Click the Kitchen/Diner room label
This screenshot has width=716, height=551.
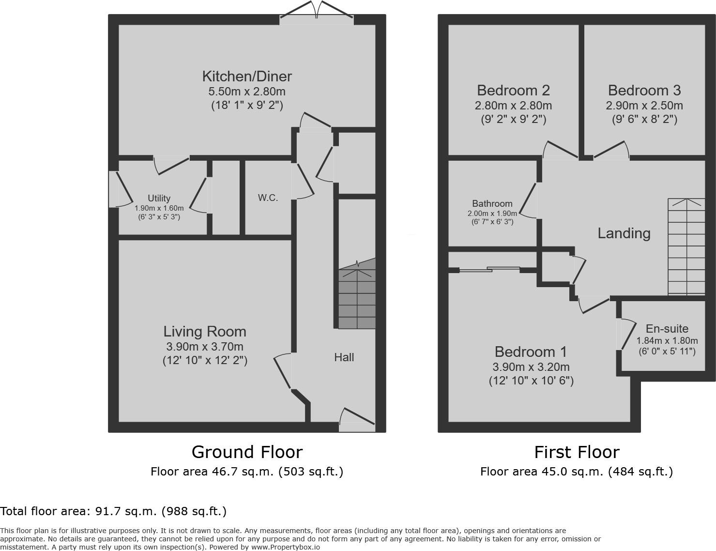tap(247, 77)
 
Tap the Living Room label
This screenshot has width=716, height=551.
tap(205, 332)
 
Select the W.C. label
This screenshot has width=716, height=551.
tap(268, 198)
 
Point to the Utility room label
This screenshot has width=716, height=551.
tap(159, 198)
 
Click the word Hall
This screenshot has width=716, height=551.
tap(344, 357)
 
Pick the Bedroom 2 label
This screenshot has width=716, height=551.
tap(513, 91)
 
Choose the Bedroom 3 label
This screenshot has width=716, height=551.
tap(644, 91)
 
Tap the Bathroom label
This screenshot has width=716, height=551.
tap(492, 204)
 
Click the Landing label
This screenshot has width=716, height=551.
tap(624, 233)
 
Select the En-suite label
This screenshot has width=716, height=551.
tap(667, 329)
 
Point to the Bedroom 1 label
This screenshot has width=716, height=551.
tap(531, 352)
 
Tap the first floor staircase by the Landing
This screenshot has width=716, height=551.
tap(686, 247)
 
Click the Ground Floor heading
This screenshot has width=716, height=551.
tap(247, 452)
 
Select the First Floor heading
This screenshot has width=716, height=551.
tap(577, 452)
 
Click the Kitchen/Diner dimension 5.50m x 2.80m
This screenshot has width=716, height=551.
tap(247, 91)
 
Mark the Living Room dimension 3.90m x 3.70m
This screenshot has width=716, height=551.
tap(205, 347)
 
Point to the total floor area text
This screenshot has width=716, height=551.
tap(113, 511)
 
